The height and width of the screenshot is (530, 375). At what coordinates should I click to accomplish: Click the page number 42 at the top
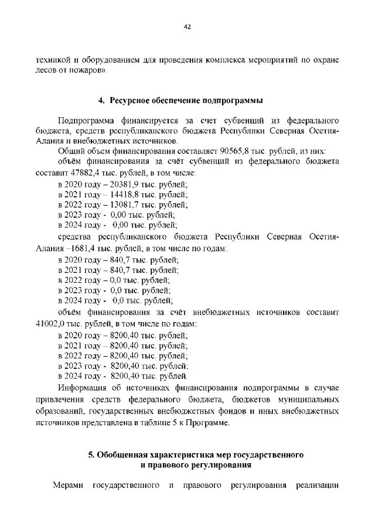click(187, 26)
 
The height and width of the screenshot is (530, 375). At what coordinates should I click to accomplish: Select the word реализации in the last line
click(318, 485)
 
